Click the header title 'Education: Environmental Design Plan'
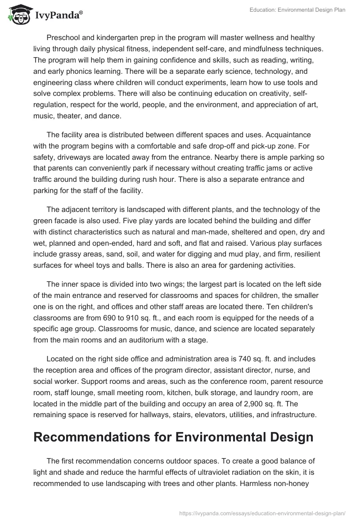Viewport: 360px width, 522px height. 297,10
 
